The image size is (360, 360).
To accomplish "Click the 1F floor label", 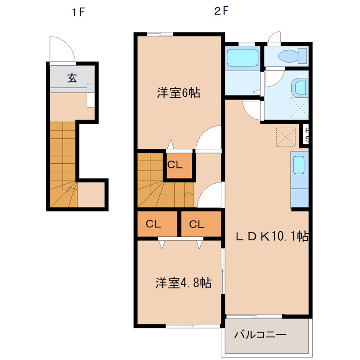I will [77, 13].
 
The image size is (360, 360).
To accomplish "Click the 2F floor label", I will [221, 12].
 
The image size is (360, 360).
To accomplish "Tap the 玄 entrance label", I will [72, 78].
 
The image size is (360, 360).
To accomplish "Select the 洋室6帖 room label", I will [178, 93].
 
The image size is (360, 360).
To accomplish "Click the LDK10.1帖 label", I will [272, 237].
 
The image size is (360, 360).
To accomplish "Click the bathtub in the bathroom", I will [243, 58].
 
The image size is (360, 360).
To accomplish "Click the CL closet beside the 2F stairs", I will [175, 165].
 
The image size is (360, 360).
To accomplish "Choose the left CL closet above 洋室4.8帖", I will [153, 224].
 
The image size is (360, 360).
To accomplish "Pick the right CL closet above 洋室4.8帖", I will [197, 224].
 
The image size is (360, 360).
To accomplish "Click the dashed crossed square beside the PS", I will [285, 137].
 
